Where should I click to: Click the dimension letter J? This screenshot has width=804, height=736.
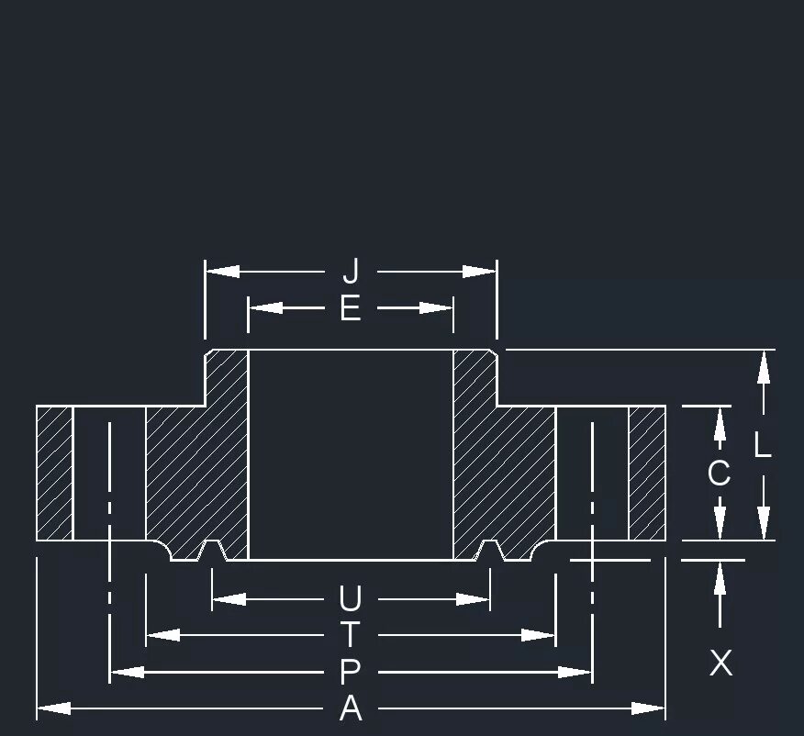[351, 272]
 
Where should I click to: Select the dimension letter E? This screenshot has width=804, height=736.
[351, 308]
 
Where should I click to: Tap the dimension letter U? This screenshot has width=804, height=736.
[351, 600]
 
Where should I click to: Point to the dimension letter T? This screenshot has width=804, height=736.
[351, 635]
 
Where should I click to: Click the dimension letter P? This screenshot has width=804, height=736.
[351, 673]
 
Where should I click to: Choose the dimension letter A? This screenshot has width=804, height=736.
[351, 708]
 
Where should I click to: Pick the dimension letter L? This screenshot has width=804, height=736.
[763, 446]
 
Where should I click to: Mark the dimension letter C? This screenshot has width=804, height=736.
[720, 474]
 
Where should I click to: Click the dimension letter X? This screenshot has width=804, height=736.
[721, 663]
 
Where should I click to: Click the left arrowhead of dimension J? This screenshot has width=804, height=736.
[221, 272]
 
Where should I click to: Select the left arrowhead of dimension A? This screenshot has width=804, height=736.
[53, 708]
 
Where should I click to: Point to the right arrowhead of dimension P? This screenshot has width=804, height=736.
[575, 673]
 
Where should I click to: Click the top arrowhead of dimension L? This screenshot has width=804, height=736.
[763, 367]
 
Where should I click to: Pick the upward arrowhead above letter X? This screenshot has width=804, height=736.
[720, 574]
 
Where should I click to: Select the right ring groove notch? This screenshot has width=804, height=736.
[489, 551]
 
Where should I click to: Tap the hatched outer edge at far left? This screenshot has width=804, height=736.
[54, 473]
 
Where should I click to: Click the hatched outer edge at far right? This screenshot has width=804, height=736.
[647, 473]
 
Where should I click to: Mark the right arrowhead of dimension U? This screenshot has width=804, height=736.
[474, 600]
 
